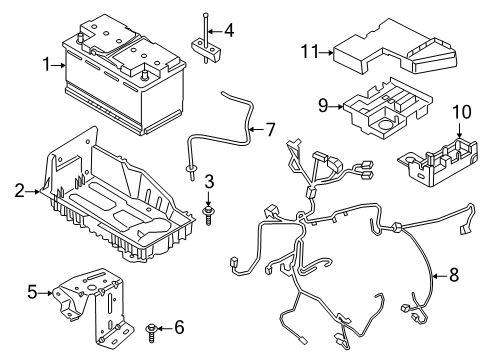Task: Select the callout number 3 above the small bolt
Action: coord(209,180)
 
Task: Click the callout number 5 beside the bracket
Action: coord(31,292)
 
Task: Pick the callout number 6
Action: coord(180,326)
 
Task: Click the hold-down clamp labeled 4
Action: coord(204,48)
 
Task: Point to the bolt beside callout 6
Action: coord(152,327)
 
